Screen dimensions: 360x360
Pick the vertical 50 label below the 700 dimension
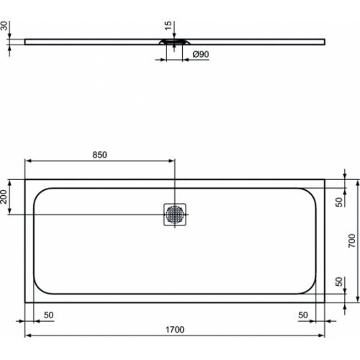click(x=338, y=281)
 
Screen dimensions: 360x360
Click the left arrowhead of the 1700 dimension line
click(x=28, y=336)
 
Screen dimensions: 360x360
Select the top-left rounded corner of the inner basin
click(x=40, y=194)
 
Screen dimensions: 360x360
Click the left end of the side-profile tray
click(x=27, y=41)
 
